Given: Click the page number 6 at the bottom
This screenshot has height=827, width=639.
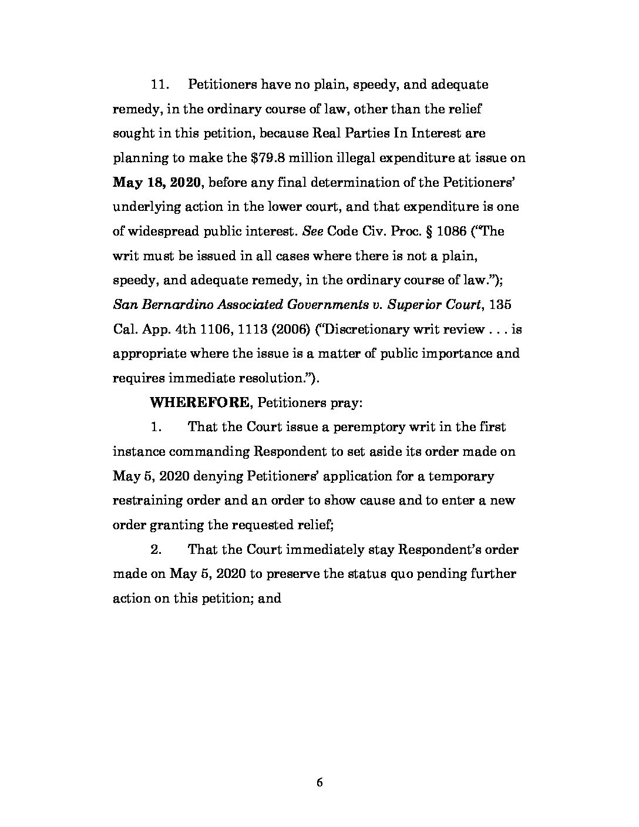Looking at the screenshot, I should tap(319, 782).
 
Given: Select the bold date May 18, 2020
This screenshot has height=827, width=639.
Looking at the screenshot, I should tap(157, 182).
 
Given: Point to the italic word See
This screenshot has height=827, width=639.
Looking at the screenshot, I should tap(309, 231).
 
